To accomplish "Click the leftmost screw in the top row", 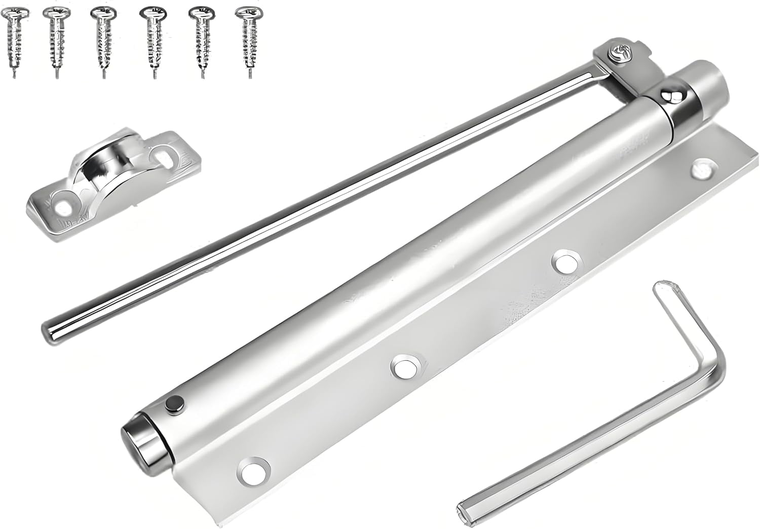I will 13,41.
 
